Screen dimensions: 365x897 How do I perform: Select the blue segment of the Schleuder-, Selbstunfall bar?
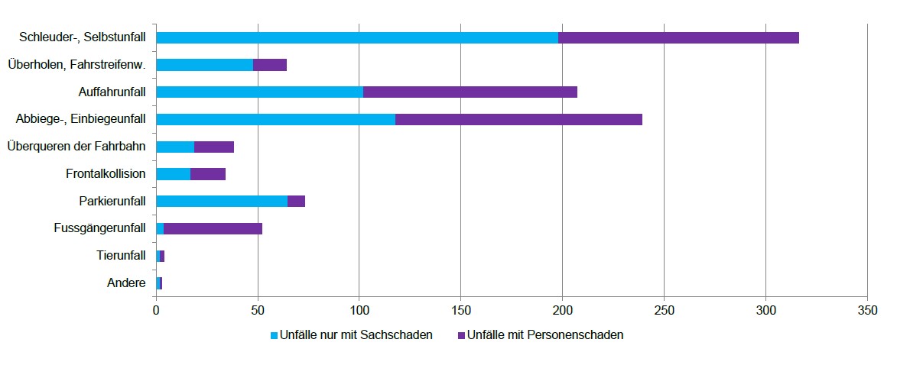pos(357,37)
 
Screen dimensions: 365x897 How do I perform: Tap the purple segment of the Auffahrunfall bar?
pos(470,92)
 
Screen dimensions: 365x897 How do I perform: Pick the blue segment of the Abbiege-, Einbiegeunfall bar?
pos(275,119)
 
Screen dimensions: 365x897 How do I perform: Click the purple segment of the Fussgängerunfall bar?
pos(213,228)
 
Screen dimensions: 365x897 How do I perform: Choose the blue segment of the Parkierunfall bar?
pos(222,201)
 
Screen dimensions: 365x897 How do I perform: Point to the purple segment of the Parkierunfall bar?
pos(296,201)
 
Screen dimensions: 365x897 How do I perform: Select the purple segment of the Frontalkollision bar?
pos(208,174)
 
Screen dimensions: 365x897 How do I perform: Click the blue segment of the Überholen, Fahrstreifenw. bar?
pos(204,65)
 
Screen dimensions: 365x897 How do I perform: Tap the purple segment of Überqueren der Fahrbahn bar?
pos(214,147)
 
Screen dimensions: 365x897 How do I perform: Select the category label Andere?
pos(127,283)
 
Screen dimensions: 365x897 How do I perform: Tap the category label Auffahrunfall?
pos(112,92)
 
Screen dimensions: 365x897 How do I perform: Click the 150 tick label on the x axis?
pos(460,312)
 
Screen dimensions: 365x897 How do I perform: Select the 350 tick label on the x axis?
pos(867,312)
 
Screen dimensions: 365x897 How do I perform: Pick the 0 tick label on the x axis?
pos(156,312)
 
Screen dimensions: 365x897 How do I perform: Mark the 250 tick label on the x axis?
pos(664,312)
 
